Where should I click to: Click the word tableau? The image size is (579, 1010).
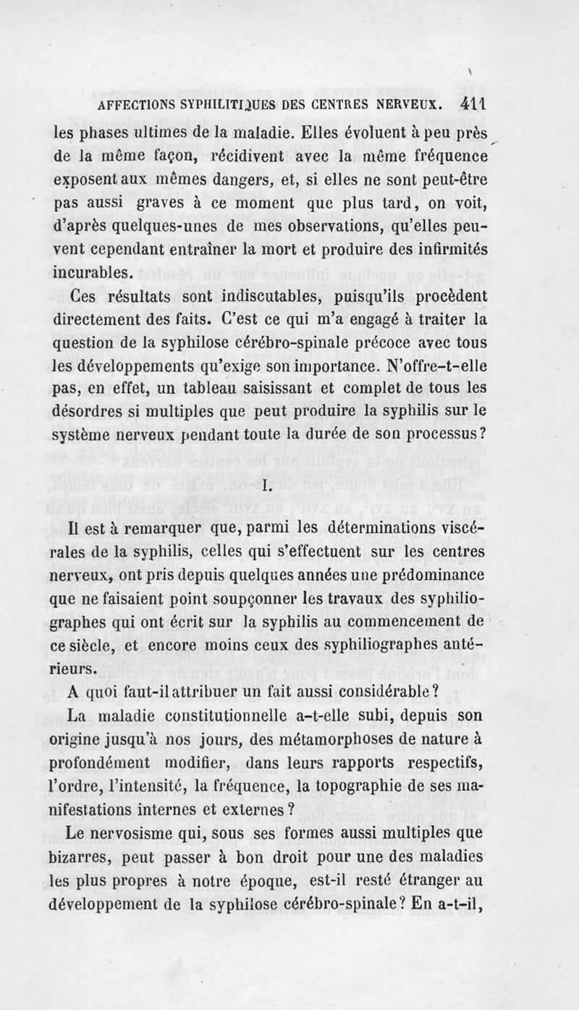click(208, 389)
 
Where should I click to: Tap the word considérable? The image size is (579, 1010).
click(381, 691)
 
